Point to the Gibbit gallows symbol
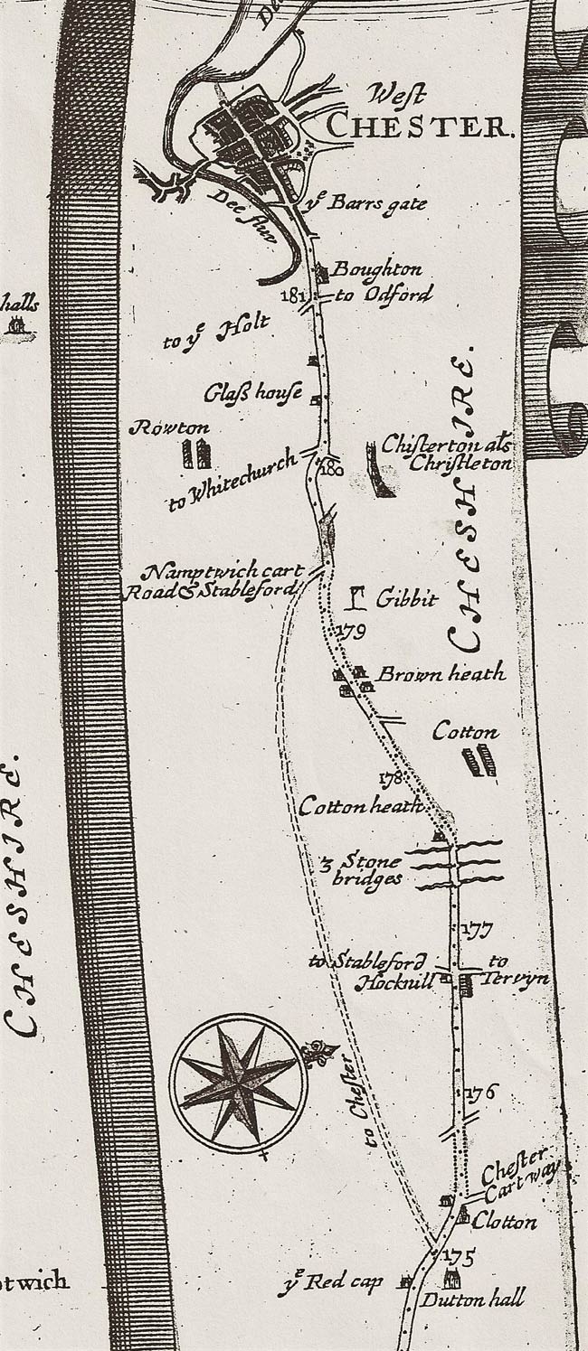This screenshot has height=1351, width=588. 359,598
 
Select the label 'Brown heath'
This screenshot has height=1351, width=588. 441,674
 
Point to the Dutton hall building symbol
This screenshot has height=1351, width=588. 450,1280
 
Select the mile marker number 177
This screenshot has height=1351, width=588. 473,929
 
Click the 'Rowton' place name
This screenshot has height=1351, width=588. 169,427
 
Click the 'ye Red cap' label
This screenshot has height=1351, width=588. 345,1281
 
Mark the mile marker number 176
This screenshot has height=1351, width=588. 480,1093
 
